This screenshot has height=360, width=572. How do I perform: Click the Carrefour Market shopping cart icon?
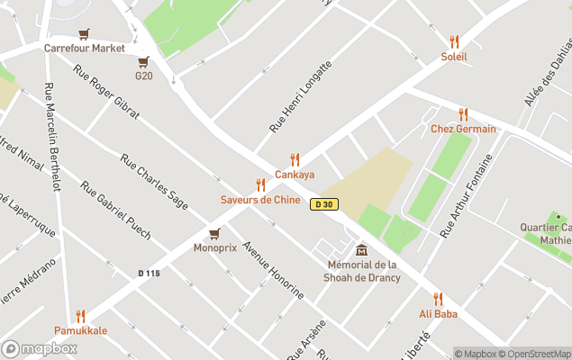(84, 34)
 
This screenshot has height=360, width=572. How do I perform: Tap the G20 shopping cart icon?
(143, 62)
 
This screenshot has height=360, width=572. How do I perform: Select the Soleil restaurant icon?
(454, 41)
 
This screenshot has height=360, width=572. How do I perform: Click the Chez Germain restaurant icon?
(463, 114)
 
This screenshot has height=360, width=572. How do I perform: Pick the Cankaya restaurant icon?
(295, 159)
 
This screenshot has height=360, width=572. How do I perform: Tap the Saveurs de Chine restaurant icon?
(260, 184)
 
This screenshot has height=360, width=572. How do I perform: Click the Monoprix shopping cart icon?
(214, 233)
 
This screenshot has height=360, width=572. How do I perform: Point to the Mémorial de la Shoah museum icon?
(361, 249)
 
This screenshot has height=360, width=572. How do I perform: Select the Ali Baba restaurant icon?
(438, 299)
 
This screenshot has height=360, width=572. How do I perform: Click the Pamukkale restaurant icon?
(80, 316)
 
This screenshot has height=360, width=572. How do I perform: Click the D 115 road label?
(149, 274)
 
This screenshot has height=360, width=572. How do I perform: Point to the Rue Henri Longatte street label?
(301, 97)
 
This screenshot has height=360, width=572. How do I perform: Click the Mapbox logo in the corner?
(40, 348)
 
